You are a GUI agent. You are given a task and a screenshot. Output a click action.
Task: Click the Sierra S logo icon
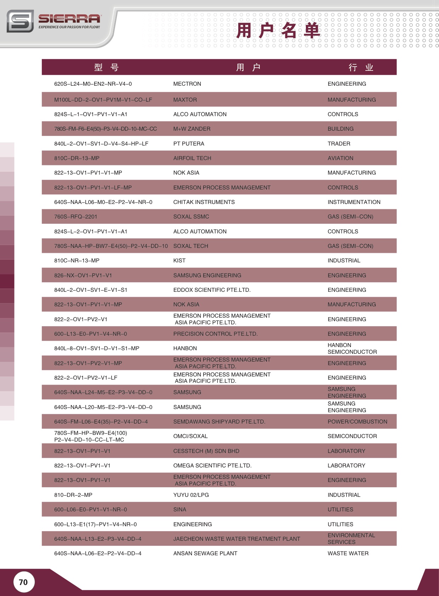click(x=20, y=21)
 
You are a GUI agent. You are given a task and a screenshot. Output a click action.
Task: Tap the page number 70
click(x=23, y=582)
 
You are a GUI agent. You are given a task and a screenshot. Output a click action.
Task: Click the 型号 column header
click(x=106, y=67)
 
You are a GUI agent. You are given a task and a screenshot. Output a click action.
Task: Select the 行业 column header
click(x=361, y=67)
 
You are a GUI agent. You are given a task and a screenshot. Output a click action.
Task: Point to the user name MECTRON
click(x=187, y=84)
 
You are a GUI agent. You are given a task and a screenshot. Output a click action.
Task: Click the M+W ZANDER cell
click(x=192, y=129)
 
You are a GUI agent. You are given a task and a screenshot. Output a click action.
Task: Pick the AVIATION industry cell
click(x=340, y=158)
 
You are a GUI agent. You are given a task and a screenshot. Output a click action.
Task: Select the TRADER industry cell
click(x=339, y=144)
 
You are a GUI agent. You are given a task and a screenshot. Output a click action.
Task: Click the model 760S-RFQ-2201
click(x=75, y=217)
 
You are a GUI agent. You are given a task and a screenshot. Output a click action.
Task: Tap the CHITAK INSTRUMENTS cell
click(x=204, y=202)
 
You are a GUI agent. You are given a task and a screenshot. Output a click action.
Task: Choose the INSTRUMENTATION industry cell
click(x=354, y=202)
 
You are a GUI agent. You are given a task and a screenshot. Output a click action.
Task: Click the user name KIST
click(x=179, y=261)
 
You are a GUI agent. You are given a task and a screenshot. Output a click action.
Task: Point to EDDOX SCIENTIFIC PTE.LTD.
click(x=212, y=290)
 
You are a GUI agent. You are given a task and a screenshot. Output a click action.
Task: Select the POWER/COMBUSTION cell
click(x=357, y=422)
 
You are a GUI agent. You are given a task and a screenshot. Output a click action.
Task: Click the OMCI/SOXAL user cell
click(x=190, y=436)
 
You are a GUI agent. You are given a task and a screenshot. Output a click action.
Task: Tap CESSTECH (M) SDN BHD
click(x=206, y=451)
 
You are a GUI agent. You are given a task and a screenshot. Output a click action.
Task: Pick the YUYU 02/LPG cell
click(x=191, y=495)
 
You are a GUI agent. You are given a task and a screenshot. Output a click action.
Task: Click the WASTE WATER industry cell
click(x=348, y=554)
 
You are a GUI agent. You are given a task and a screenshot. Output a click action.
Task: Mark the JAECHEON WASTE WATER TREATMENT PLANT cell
click(x=236, y=539)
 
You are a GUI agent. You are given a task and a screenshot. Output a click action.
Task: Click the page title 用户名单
click(x=278, y=30)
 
